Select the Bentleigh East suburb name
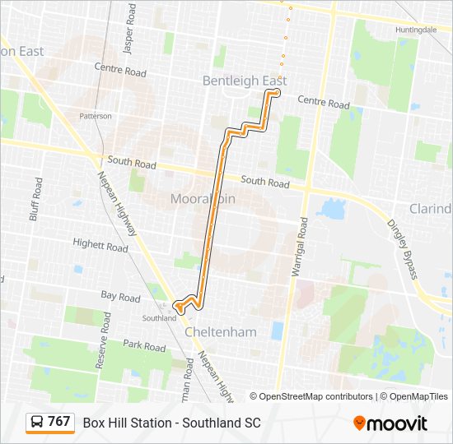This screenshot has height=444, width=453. [x=245, y=81]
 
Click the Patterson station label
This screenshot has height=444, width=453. [x=96, y=116]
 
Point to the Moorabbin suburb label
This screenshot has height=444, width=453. [x=203, y=199]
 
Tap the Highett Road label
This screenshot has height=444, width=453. [x=100, y=246]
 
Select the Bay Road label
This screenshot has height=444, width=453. [x=120, y=297]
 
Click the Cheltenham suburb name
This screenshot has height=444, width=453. [x=221, y=332]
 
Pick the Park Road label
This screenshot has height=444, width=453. [x=144, y=346]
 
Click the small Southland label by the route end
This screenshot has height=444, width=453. [x=159, y=317]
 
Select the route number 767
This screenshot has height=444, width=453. [x=58, y=422]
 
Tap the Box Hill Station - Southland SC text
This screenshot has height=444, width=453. [x=171, y=423]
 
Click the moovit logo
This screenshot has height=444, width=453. [x=390, y=423]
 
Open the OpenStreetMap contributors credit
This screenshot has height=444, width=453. [x=311, y=396]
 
